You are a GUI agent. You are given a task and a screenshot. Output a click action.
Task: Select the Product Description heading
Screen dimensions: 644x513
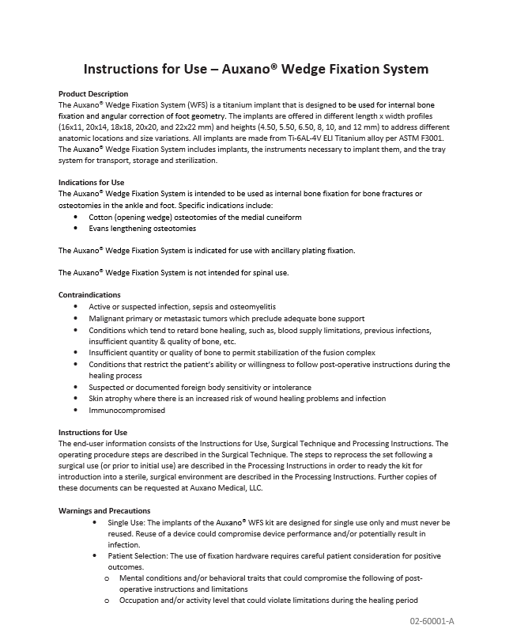pyautogui.click(x=93, y=94)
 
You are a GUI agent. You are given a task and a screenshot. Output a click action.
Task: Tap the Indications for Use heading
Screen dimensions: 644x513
pyautogui.click(x=92, y=183)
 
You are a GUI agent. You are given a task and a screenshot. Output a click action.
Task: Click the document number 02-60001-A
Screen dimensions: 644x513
pyautogui.click(x=432, y=620)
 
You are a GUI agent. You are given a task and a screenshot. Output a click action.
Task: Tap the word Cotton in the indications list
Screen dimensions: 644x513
pyautogui.click(x=100, y=217)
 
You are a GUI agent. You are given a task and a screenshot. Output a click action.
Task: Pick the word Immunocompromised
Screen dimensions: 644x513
pyautogui.click(x=126, y=411)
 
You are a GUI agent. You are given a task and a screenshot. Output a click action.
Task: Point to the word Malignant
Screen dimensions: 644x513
pyautogui.click(x=106, y=318)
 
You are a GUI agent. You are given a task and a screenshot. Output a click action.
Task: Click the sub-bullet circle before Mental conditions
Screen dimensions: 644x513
pyautogui.click(x=107, y=579)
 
